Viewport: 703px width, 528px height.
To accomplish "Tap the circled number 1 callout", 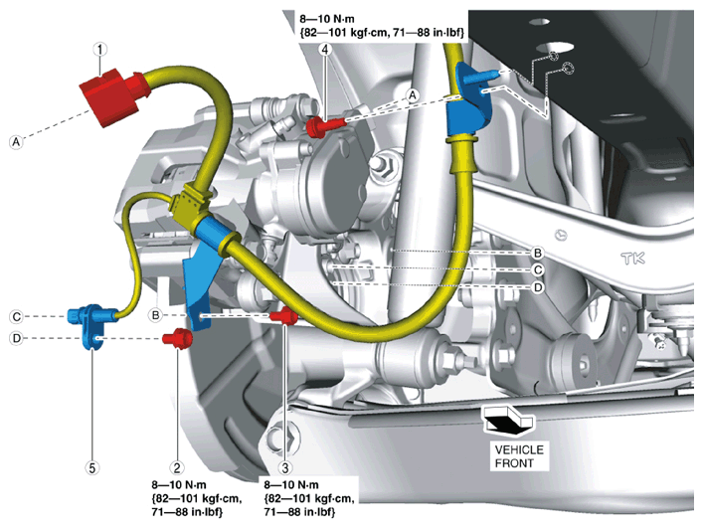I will pos(99,47).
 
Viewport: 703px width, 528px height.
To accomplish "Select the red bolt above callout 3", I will pos(286,316).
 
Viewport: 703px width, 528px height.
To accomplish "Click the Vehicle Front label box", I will pos(519,455).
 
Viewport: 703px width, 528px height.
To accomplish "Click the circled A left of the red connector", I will pos(16,142).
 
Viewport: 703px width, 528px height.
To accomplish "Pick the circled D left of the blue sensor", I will pos(16,339).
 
